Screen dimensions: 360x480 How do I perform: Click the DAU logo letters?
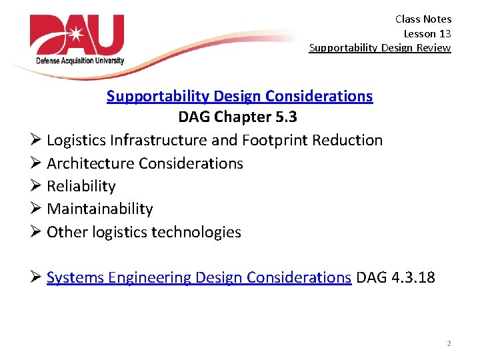(77, 36)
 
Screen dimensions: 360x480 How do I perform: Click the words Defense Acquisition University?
(80, 61)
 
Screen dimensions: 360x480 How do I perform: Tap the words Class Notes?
(423, 19)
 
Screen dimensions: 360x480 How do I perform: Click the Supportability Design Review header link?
(379, 47)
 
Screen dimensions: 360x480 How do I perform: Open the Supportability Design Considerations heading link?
(239, 96)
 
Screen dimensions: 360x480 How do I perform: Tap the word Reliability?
(81, 186)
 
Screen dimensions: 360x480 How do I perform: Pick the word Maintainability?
(99, 209)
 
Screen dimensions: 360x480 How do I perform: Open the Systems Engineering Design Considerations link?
(199, 277)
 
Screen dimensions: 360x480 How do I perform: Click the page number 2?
(448, 343)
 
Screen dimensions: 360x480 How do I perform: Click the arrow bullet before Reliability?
(36, 186)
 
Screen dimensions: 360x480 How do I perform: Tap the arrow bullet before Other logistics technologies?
(36, 232)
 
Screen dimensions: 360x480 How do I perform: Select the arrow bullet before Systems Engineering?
(36, 277)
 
